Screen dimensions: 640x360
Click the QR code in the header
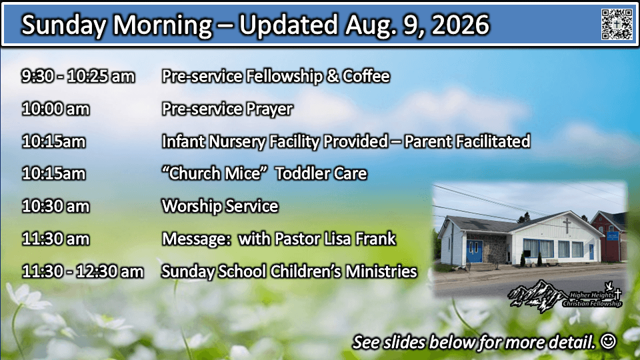[x=617, y=24]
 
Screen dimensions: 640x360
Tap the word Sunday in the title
[x=64, y=25]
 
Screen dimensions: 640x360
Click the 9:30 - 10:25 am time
[x=78, y=76]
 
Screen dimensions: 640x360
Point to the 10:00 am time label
[x=55, y=109]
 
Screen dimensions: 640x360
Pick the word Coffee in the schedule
[x=366, y=76]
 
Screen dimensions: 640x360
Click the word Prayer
[x=269, y=109]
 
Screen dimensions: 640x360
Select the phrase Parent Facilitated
[x=467, y=141]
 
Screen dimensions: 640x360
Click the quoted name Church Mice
[x=211, y=173]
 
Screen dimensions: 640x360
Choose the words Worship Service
[x=220, y=206]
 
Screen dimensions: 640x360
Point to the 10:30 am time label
[x=55, y=206]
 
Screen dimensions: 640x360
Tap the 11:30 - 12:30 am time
[x=83, y=271]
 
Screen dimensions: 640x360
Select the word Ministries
[x=381, y=271]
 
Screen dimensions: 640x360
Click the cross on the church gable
[x=567, y=225]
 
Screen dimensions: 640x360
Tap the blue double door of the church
[x=474, y=251]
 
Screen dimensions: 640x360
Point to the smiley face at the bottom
[x=608, y=341]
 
